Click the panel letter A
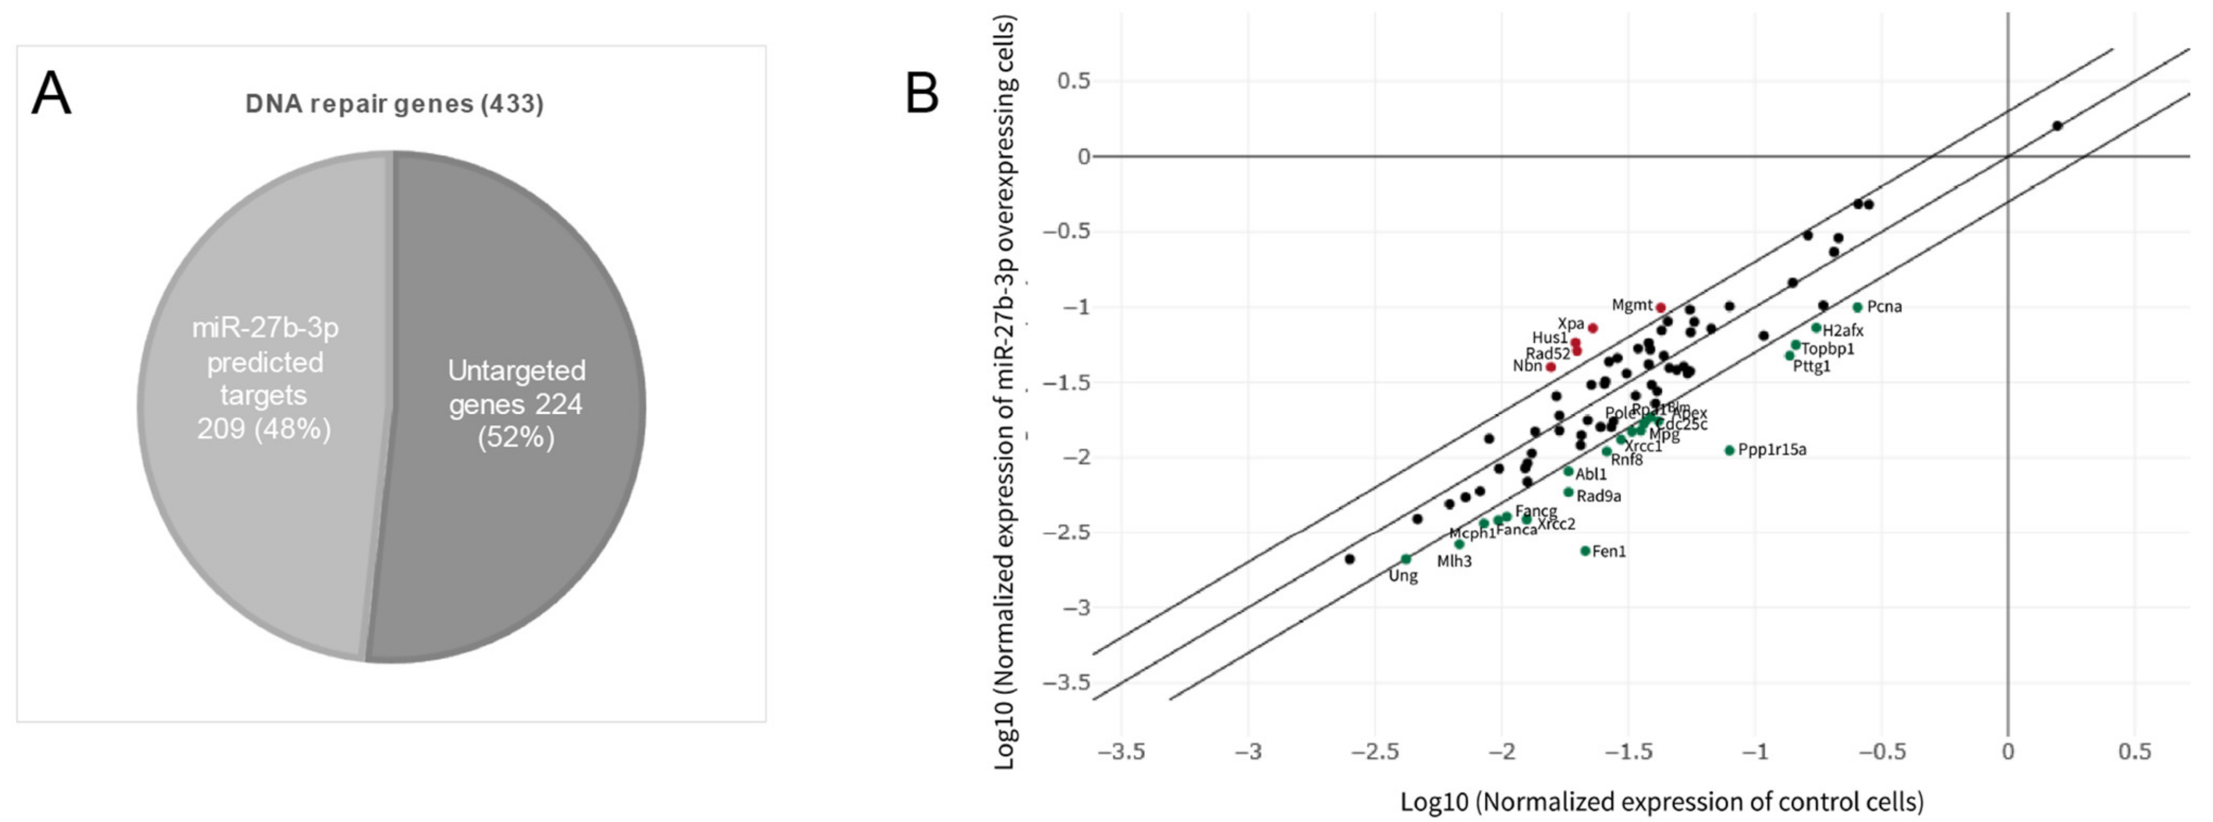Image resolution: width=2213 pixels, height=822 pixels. coord(51,94)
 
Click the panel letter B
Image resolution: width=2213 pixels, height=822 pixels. coord(922,94)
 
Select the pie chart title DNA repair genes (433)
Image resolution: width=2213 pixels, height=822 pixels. coord(394,104)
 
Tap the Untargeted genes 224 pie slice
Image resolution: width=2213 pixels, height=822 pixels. coord(515,404)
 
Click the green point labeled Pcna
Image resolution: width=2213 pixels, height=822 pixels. coord(1857,307)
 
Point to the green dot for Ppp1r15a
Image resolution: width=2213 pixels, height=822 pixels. coord(1730,450)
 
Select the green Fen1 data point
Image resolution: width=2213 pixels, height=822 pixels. coord(1585,551)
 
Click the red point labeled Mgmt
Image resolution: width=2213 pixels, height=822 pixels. coord(1661,307)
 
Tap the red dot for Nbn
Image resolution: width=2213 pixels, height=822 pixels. coord(1551,367)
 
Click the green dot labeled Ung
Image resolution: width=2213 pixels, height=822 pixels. coord(1406,559)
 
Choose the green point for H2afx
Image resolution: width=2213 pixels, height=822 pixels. coord(1816,327)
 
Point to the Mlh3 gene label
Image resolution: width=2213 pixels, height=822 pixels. coord(1454,562)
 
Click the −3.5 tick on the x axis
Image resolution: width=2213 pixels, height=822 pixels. coord(1121,753)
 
